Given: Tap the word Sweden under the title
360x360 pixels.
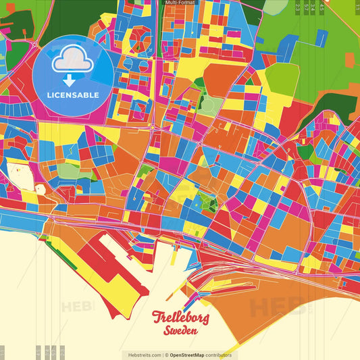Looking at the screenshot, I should point(180,330).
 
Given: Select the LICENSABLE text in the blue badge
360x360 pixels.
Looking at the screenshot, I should point(73,95).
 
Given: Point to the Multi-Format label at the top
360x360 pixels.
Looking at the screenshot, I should point(180,3).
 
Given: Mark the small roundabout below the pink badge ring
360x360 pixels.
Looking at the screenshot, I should point(153,126).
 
